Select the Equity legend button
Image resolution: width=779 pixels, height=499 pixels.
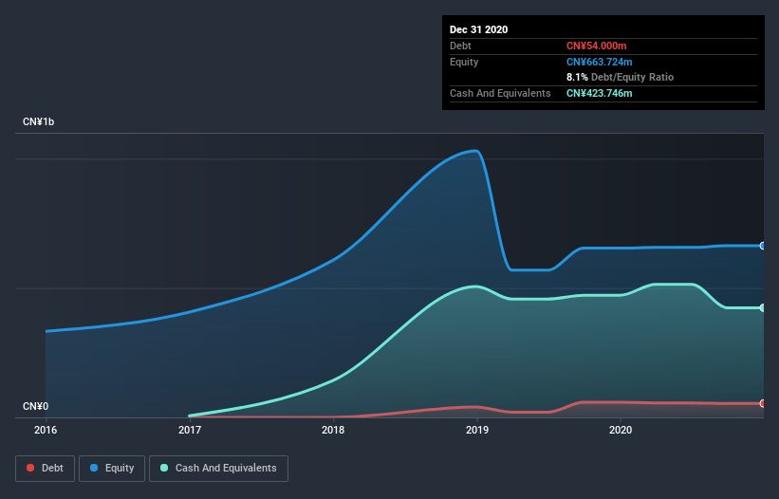point(112,468)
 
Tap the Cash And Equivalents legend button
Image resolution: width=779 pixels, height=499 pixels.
point(218,468)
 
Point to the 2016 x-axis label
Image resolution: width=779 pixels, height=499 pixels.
point(46,430)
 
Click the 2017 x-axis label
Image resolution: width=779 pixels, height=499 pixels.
point(190,430)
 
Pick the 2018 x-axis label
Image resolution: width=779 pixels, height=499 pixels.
point(333,430)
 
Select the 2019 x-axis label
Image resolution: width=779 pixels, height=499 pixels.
point(477,430)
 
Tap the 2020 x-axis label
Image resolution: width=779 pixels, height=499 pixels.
point(621,430)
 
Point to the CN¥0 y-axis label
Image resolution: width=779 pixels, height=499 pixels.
point(35,407)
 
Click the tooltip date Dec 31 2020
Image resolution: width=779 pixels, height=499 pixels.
point(478,29)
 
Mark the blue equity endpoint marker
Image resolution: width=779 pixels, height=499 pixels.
point(762,246)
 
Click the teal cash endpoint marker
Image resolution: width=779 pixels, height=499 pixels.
point(762,307)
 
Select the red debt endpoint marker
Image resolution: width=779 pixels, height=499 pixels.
point(762,403)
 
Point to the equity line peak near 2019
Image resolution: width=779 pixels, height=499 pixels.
point(474,151)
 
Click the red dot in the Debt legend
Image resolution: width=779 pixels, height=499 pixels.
point(30,468)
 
